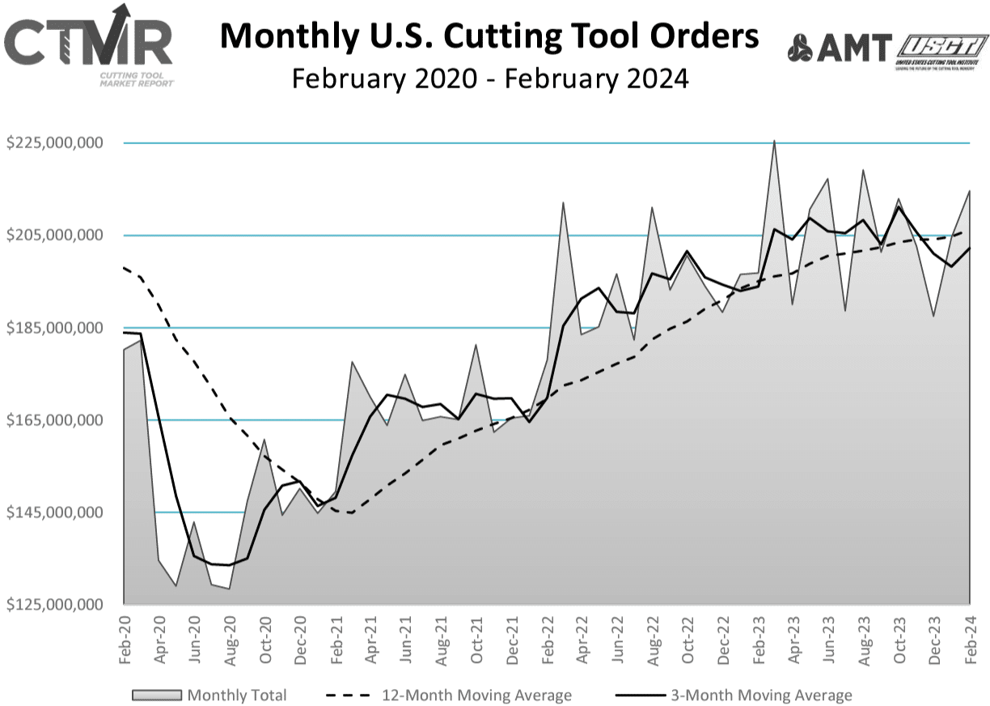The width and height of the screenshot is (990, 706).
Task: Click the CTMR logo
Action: coord(89,49)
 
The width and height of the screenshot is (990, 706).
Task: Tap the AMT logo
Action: coord(840,48)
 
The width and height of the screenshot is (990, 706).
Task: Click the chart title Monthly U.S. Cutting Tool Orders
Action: coord(489,37)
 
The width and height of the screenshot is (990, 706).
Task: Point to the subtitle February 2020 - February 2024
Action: coord(489,79)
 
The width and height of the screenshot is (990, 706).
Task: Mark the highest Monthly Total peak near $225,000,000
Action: coord(774,142)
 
